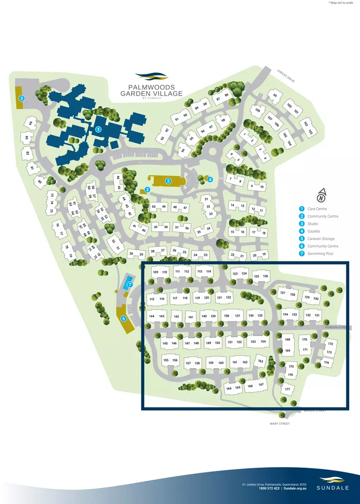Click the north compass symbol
[321, 194]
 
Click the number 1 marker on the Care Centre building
[98, 129]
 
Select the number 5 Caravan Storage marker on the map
[21, 98]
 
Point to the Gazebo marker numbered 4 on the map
[210, 179]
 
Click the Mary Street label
[280, 424]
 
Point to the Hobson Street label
[339, 327]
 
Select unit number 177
[288, 389]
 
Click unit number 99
[275, 96]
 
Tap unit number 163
[261, 361]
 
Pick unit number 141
[191, 317]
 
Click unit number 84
[31, 123]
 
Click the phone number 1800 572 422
[269, 488]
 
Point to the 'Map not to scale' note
[342, 3]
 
